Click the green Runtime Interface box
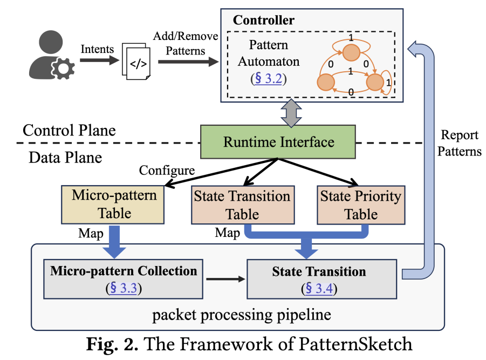pos(278,143)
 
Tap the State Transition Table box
pos(242,205)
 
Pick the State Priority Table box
pos(361,205)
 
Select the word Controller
pos(264,21)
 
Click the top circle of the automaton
pos(351,52)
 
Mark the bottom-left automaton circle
pos(326,82)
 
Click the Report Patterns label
pos(459,143)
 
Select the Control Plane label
pos(69,130)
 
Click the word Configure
pos(167,171)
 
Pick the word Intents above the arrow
pos(97,50)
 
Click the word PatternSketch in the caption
pos(359,344)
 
